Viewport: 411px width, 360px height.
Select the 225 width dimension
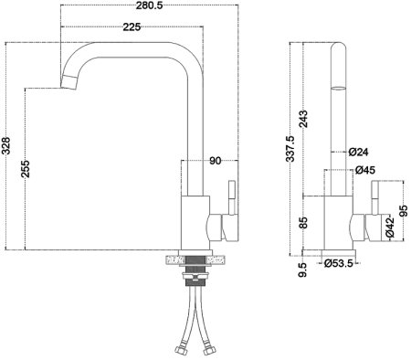tap(132, 28)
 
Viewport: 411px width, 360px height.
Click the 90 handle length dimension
tap(216, 162)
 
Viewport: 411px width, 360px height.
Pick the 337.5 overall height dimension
tap(291, 149)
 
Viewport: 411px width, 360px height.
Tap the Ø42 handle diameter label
tap(389, 228)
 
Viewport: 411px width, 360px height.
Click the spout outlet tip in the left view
tap(67, 86)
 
